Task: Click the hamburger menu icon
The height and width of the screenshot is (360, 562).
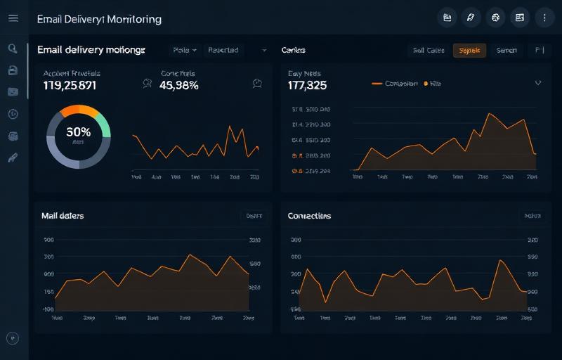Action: click(13, 18)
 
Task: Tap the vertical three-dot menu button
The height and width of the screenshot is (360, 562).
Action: click(544, 18)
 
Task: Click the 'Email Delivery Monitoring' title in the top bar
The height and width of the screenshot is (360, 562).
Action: click(99, 19)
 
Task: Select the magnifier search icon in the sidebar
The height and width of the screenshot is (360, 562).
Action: click(13, 49)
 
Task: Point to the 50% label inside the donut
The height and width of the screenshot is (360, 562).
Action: click(78, 131)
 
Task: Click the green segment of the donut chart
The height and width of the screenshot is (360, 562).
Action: click(104, 124)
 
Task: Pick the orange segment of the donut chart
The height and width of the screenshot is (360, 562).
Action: click(79, 110)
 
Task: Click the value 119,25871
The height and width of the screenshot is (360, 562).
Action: click(70, 86)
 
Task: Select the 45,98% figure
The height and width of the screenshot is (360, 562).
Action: click(179, 86)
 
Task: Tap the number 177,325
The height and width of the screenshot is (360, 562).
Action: click(307, 86)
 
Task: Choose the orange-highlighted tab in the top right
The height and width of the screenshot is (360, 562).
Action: click(469, 50)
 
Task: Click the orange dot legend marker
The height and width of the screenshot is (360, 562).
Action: click(426, 83)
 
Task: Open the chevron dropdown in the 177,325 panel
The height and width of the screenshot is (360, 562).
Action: click(538, 82)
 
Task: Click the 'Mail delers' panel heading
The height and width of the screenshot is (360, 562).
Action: click(63, 216)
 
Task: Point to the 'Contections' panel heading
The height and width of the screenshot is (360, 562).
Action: click(309, 216)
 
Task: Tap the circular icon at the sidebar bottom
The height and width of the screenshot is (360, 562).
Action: click(13, 338)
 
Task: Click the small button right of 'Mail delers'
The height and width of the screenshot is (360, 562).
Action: click(254, 217)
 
